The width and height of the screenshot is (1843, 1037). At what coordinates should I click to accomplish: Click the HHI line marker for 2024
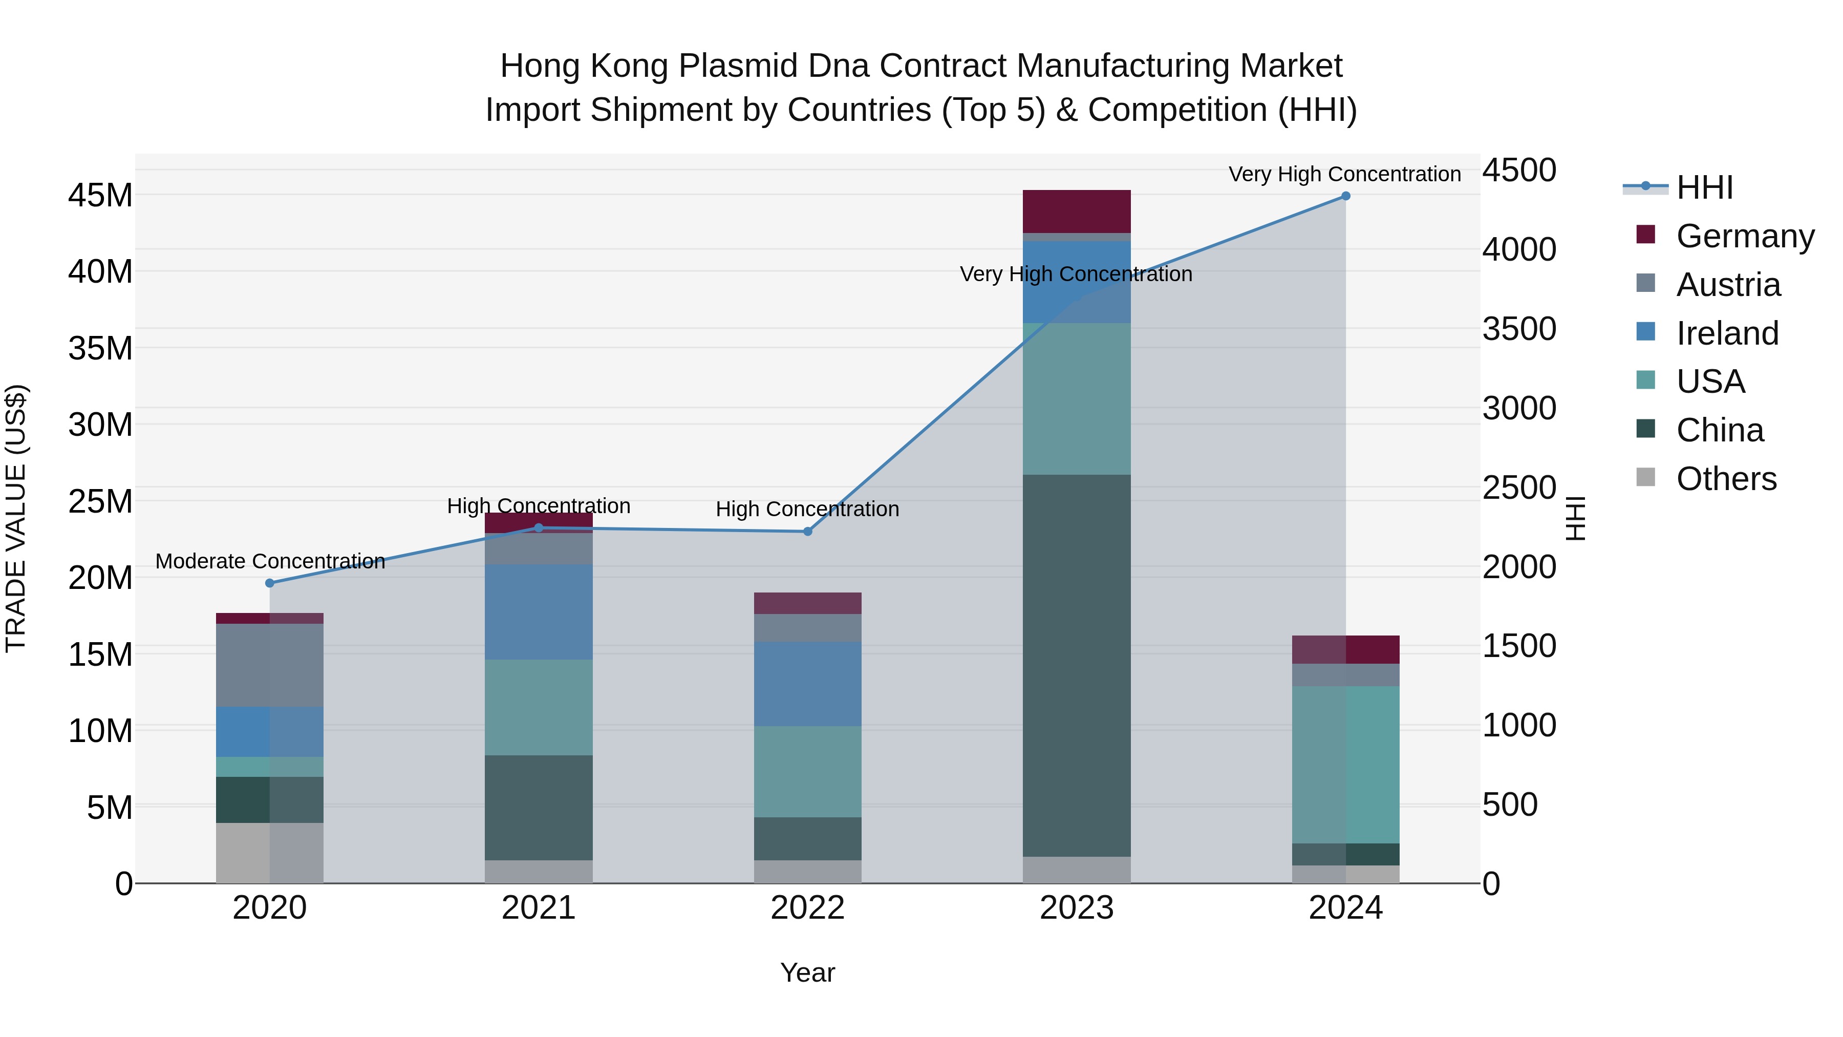(1345, 196)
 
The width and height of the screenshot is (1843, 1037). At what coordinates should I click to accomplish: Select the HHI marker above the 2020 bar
(270, 583)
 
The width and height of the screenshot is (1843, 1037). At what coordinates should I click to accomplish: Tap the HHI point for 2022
(808, 532)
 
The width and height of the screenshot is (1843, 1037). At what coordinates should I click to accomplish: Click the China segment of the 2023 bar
(1076, 666)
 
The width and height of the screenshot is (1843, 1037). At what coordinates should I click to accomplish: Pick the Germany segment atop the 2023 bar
(1076, 211)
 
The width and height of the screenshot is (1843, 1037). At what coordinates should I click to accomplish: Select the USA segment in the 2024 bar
(1345, 765)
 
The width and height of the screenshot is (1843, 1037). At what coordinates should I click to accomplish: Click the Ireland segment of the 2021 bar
(539, 612)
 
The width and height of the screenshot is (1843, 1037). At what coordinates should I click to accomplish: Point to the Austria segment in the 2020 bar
(270, 666)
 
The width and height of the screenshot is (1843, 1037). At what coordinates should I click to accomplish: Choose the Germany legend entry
(1744, 236)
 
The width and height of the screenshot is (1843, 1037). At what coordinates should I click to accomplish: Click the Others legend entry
(1726, 479)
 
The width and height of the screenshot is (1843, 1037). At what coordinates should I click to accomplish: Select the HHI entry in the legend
(1704, 187)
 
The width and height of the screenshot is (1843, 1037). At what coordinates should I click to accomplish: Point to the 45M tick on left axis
(100, 196)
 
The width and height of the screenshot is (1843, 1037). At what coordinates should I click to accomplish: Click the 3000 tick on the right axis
(1518, 409)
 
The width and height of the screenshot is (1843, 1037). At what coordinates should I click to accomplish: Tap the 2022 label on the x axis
(808, 908)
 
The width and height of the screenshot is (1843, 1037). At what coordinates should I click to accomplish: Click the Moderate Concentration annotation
(270, 561)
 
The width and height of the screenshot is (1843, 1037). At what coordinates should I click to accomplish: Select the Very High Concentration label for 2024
(1344, 174)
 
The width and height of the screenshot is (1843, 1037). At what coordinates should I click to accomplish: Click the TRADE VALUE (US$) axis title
(16, 518)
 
